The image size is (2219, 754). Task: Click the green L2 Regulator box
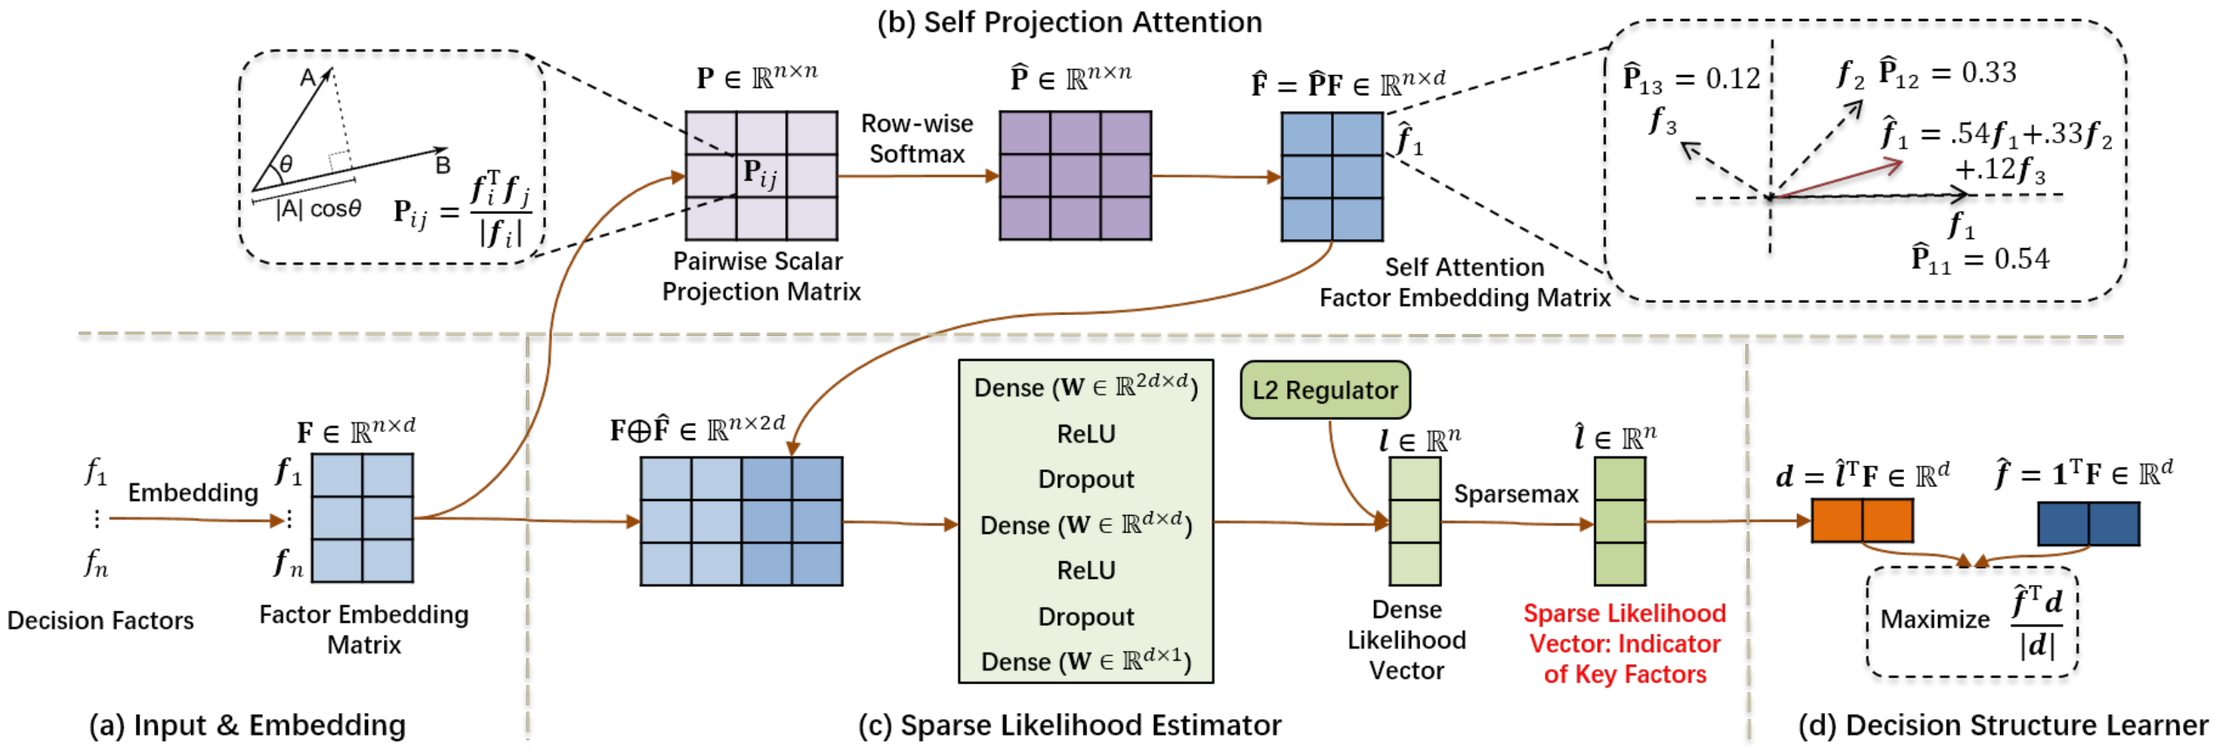(1324, 390)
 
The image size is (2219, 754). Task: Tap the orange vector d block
(1861, 521)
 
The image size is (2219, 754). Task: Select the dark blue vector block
(2088, 524)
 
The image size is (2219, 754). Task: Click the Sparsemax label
(1516, 494)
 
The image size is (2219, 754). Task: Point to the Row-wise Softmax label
(917, 139)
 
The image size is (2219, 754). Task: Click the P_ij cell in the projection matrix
(761, 175)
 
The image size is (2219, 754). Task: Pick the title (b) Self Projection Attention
(1069, 22)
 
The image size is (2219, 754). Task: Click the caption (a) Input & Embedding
(248, 725)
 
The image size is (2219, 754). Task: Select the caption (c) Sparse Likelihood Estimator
(1069, 725)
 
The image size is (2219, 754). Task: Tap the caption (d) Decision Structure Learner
(2003, 725)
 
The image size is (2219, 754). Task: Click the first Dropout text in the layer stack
(1086, 479)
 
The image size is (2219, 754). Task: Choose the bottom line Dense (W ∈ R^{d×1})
(1086, 661)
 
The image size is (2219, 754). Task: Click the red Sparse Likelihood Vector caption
(1624, 643)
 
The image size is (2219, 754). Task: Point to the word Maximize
(1935, 620)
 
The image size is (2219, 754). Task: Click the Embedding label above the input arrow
(193, 493)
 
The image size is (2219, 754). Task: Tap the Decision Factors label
(100, 620)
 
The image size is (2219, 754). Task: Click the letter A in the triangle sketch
(308, 78)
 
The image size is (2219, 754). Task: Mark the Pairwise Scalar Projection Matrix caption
(761, 276)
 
